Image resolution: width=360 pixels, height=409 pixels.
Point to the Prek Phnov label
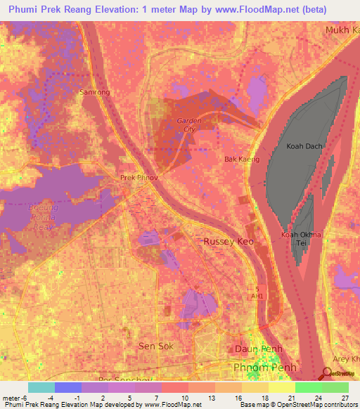click(x=139, y=178)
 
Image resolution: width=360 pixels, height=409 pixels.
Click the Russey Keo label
click(x=228, y=241)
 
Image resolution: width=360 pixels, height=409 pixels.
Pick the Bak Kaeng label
click(x=241, y=160)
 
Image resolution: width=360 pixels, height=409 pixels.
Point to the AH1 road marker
click(x=257, y=296)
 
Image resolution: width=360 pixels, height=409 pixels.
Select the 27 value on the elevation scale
click(x=346, y=398)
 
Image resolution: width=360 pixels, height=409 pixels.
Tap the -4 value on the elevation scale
click(x=51, y=398)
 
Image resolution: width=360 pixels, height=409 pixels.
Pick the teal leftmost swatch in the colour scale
click(x=41, y=387)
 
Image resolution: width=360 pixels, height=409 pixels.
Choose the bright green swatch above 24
click(x=308, y=387)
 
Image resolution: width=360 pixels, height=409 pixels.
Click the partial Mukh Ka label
click(x=342, y=30)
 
